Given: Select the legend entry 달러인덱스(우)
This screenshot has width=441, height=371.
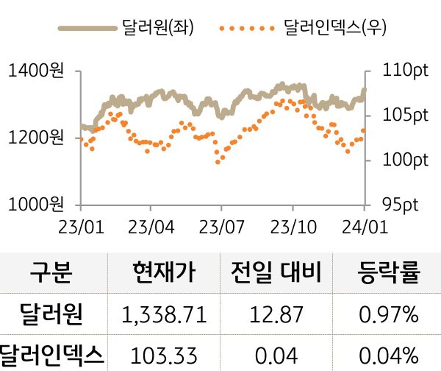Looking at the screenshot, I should tap(334, 29).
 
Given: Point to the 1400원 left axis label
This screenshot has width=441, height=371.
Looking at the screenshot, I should tap(35, 71).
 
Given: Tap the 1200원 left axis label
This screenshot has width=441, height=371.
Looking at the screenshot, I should tap(35, 137).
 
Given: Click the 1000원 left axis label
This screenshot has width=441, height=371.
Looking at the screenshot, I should tap(35, 203).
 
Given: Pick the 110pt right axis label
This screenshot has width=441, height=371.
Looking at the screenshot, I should tap(405, 71).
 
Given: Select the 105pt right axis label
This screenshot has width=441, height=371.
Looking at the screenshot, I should tap(405, 116).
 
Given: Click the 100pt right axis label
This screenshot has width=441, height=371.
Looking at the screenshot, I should tap(405, 159).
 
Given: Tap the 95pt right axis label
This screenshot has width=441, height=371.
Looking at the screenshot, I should tap(401, 203).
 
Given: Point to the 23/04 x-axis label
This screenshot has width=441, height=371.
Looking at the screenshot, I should tap(151, 223).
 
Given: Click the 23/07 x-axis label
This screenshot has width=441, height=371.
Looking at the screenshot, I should tap(221, 223).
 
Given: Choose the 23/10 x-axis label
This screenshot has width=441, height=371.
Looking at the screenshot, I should tap(293, 223).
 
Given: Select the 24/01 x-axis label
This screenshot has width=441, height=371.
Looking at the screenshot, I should tap(364, 223).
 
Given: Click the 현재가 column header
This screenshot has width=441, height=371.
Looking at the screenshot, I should tap(164, 273).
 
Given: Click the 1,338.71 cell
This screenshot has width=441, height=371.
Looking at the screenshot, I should tap(164, 315).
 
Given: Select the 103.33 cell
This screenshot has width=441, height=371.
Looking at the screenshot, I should tap(164, 354).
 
